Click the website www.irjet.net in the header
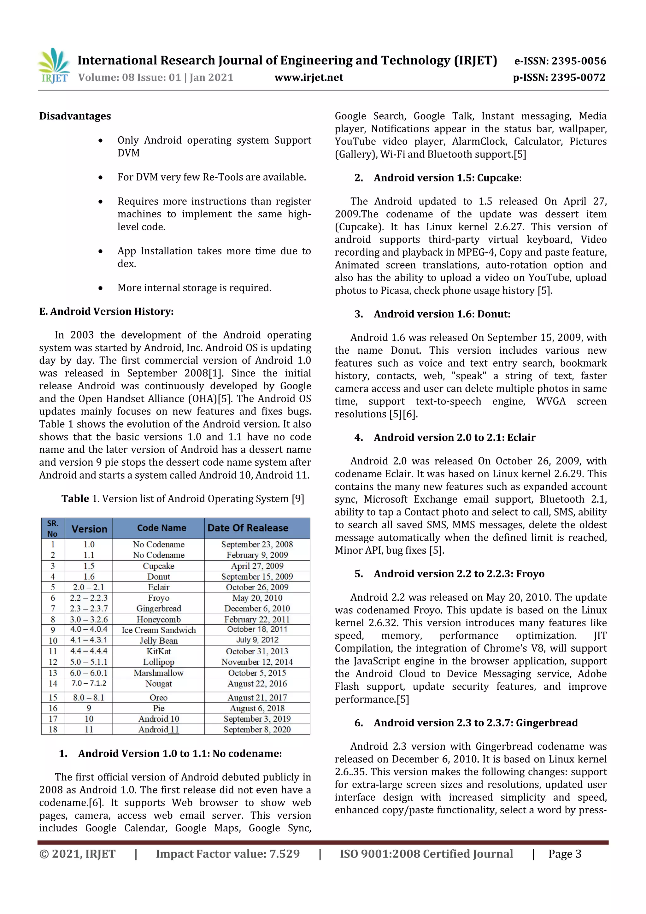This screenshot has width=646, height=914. point(308,77)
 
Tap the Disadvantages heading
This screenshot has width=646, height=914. point(75,116)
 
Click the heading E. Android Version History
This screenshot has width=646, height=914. point(106,311)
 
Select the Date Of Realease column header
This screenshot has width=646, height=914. point(248,528)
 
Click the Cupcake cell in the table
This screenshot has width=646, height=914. point(158,566)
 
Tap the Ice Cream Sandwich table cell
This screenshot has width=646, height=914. point(158,630)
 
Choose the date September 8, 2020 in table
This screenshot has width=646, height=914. point(257,729)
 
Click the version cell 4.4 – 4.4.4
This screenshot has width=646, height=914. point(89,651)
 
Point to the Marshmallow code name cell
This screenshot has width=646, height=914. point(158,673)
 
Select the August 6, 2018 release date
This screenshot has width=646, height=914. point(257,708)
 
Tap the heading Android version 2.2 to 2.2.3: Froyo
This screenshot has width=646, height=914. point(459,574)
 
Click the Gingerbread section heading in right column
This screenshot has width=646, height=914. point(475,722)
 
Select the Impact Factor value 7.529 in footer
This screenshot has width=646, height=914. point(227,853)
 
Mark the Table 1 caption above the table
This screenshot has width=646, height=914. point(182,499)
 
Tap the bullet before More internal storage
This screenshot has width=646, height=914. point(101,288)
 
